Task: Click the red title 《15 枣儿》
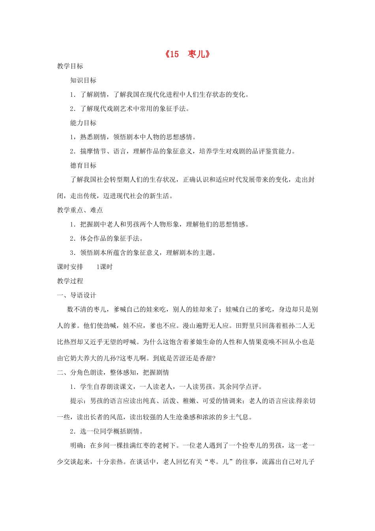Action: pos(187,54)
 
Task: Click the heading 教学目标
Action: pos(70,66)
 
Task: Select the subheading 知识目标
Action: pos(83,80)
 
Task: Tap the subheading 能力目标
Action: pos(83,123)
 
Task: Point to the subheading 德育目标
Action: pos(83,166)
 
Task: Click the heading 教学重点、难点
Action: pos(80,210)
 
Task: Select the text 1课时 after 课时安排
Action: pos(105,267)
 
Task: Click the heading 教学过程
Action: pos(70,281)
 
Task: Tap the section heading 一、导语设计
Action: pos(77,296)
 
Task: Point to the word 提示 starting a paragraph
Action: pos(77,401)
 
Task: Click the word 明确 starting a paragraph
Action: pos(77,446)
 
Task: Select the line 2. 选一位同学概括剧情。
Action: pos(107,431)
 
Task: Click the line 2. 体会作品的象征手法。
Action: pos(107,239)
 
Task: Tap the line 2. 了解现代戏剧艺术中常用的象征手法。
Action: pos(130,109)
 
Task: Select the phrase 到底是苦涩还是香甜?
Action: pos(184,358)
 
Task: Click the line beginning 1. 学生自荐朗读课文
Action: pos(166,387)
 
